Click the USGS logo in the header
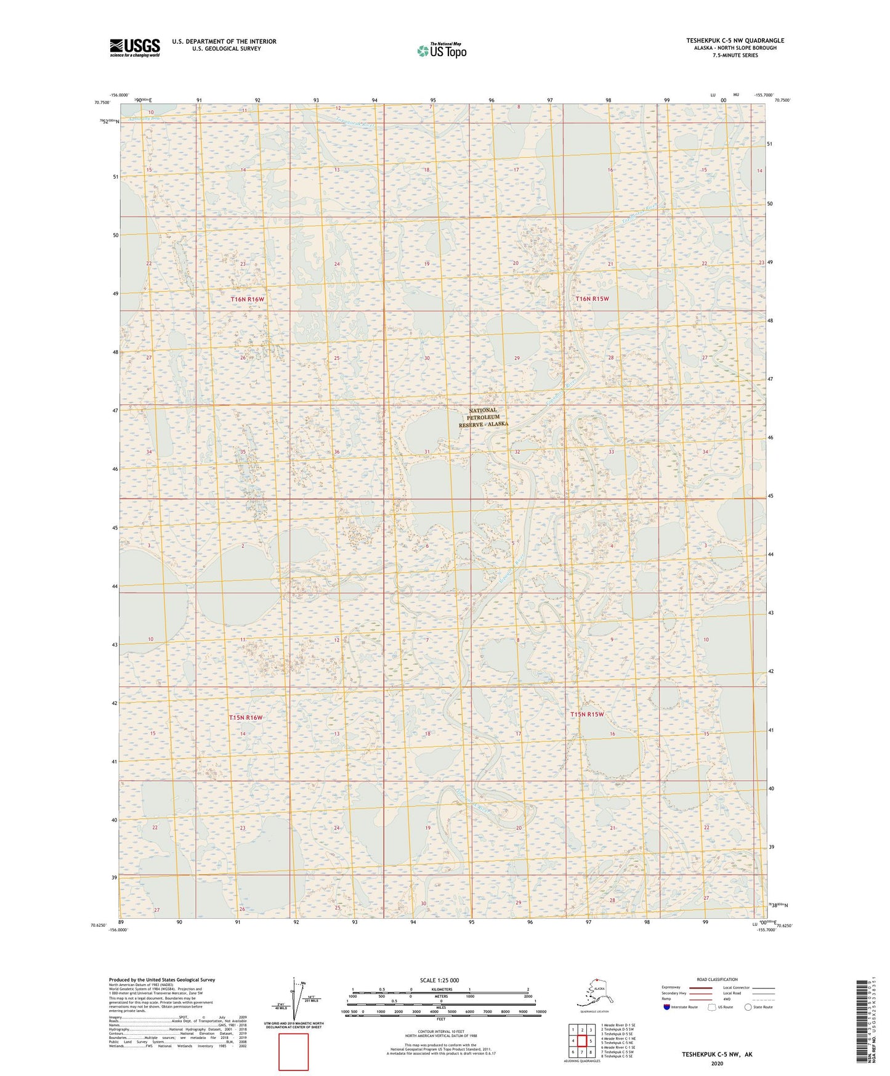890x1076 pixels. click(134, 47)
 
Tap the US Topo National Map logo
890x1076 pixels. click(441, 51)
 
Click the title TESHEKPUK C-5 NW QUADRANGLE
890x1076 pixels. click(735, 41)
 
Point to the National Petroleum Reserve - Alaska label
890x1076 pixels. click(483, 417)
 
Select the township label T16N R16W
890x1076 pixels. click(247, 300)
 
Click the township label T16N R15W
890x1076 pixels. click(592, 299)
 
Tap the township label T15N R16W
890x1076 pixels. click(246, 718)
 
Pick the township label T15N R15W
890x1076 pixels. click(587, 715)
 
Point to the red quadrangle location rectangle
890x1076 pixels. click(293, 1052)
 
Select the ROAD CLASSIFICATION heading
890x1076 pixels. click(717, 979)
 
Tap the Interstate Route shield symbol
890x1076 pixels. click(667, 1007)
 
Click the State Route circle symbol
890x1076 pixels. click(748, 1007)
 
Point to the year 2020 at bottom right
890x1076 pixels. click(717, 1063)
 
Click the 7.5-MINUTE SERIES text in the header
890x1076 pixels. click(735, 55)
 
